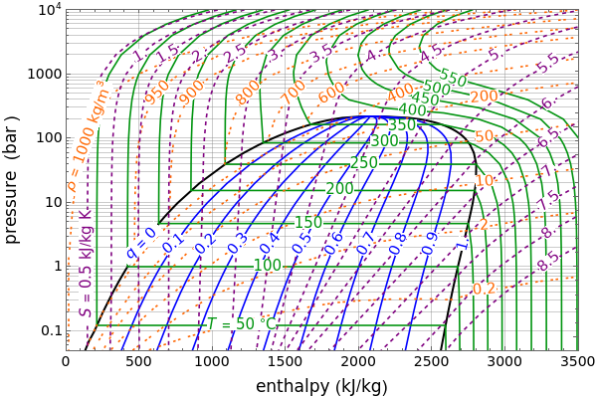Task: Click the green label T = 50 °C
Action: click(x=242, y=324)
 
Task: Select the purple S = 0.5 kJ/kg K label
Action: click(x=87, y=264)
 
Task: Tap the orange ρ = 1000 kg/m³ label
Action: click(x=88, y=137)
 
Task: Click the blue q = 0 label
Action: click(x=140, y=243)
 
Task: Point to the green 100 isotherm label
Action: click(x=268, y=266)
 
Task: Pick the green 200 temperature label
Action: click(x=339, y=188)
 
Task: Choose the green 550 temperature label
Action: click(x=453, y=79)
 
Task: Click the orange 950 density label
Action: click(x=157, y=93)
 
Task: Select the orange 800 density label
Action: click(x=248, y=93)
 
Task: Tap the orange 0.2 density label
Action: click(x=485, y=289)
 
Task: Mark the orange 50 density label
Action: click(x=485, y=136)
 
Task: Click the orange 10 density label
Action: click(x=485, y=181)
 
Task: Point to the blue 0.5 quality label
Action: click(x=301, y=243)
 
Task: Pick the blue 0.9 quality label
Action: click(x=430, y=243)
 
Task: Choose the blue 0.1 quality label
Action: click(x=173, y=243)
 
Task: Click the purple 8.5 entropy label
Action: click(x=548, y=262)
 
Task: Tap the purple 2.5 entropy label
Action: click(x=236, y=54)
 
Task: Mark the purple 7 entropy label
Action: click(x=548, y=170)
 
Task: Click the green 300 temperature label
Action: click(x=384, y=141)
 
